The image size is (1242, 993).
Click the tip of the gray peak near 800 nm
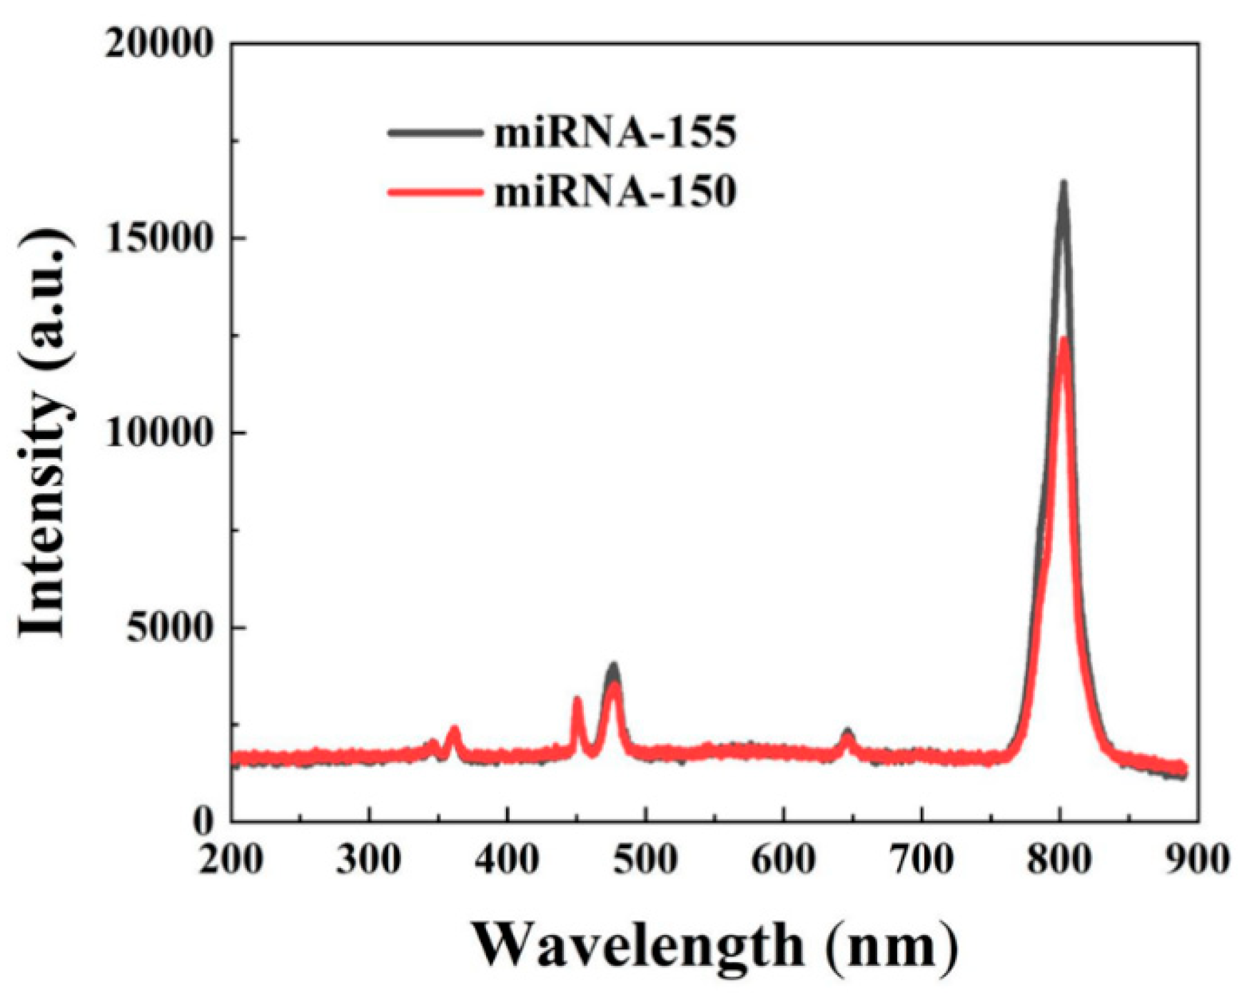(1063, 184)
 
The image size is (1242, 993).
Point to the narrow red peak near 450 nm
(577, 701)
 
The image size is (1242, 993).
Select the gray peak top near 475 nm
(613, 667)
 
